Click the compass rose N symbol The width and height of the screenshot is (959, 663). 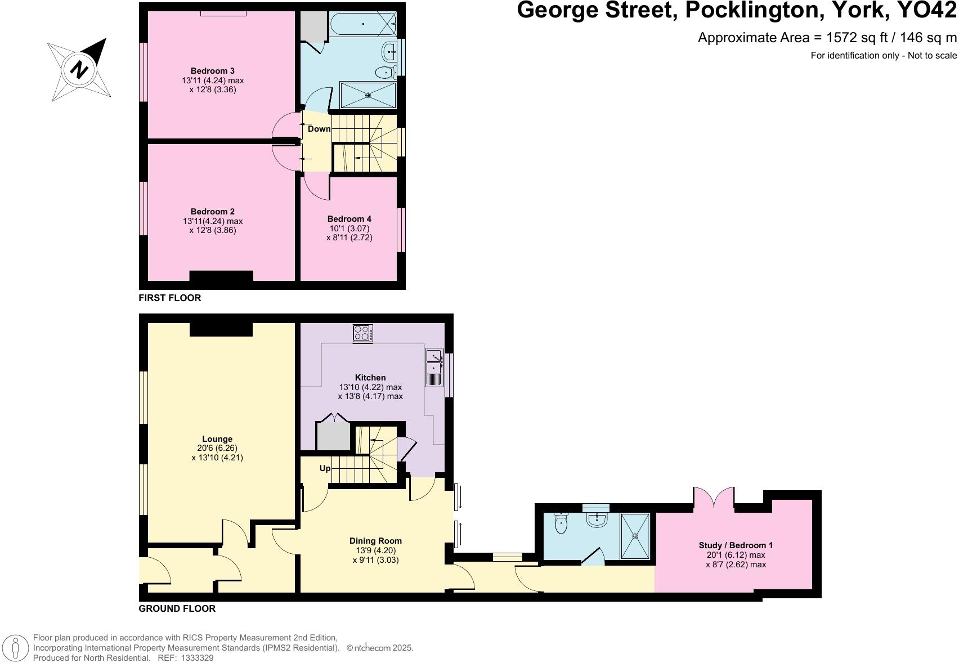[79, 70]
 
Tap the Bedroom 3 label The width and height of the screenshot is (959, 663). [212, 71]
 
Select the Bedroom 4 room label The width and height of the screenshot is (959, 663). [349, 219]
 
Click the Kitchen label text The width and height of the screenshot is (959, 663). [370, 378]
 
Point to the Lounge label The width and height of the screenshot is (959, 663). [217, 439]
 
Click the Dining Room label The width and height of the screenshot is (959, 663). [375, 541]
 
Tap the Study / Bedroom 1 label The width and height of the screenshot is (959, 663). [736, 545]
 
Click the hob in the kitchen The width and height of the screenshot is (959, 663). [362, 334]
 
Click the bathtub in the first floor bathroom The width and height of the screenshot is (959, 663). [363, 24]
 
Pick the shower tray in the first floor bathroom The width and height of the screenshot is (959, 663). [368, 95]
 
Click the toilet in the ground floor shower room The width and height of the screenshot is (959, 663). [561, 525]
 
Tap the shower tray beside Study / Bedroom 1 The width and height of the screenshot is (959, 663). [635, 536]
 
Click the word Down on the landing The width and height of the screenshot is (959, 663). [319, 129]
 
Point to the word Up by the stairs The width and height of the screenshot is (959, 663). [325, 468]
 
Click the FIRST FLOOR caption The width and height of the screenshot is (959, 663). [170, 298]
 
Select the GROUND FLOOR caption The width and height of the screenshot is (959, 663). [177, 608]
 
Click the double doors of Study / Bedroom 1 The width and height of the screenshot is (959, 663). [713, 499]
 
